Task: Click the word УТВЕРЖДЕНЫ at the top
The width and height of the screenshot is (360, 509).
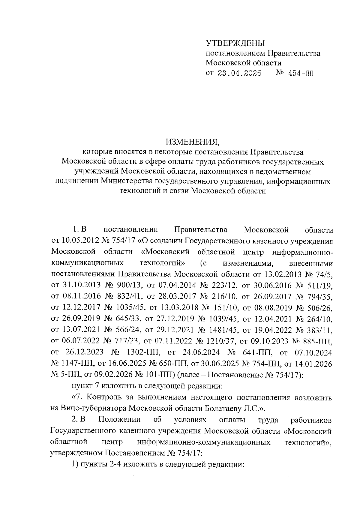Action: [235, 43]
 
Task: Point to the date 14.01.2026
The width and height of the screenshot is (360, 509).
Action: [313, 364]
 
